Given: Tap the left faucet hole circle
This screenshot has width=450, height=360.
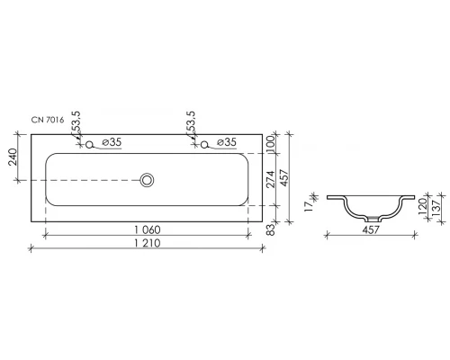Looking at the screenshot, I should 89,144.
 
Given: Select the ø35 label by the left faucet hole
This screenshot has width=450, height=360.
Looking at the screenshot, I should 111,143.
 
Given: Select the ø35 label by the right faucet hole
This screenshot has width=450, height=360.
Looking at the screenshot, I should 225,143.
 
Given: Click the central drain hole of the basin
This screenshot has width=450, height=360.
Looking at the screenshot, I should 147,181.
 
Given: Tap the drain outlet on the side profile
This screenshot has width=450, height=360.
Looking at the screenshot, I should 371,219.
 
